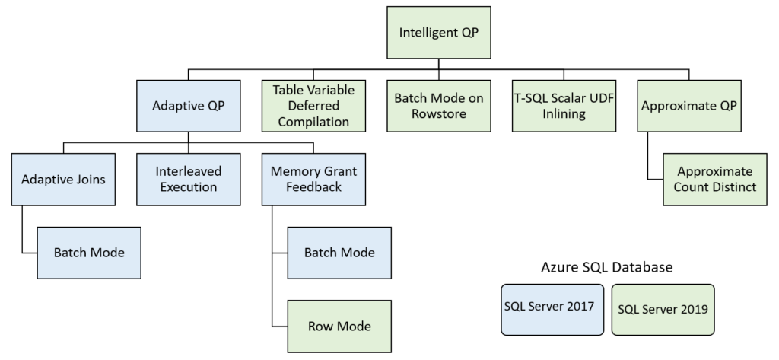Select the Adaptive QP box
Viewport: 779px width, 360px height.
[x=189, y=107]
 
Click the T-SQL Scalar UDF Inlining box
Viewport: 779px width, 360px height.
[x=564, y=106]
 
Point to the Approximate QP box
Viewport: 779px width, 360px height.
[x=688, y=107]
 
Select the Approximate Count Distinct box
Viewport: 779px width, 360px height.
[x=714, y=180]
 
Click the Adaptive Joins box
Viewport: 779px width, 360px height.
[x=64, y=180]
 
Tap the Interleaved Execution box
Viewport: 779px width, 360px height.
[x=189, y=180]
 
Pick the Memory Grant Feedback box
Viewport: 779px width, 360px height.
[x=313, y=180]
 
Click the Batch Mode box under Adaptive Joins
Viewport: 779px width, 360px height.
[x=90, y=253]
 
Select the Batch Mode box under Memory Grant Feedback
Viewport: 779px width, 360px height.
[x=339, y=253]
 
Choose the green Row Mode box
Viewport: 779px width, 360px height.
[x=339, y=327]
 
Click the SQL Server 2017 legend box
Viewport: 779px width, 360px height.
[x=552, y=309]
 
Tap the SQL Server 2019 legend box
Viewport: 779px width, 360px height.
[x=663, y=310]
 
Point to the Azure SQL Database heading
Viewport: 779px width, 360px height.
[x=607, y=268]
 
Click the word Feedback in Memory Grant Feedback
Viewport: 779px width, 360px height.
[x=313, y=187]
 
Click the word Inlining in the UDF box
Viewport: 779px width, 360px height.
[x=564, y=114]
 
